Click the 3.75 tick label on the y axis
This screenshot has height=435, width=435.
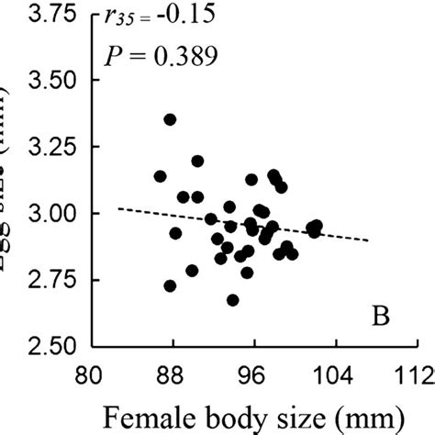coord(37,16)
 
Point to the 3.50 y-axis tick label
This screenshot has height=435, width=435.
coord(37,80)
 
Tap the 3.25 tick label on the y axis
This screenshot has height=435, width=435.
coord(37,147)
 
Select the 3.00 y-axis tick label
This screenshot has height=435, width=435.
coord(37,213)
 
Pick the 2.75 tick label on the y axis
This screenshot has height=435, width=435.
coord(37,280)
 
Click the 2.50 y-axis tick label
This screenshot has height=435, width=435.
coord(37,346)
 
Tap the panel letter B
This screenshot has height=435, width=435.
coord(382,318)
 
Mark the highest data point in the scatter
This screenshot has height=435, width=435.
coord(170,119)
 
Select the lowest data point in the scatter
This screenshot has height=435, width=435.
coord(233,300)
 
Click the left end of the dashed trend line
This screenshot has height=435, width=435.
coord(119,208)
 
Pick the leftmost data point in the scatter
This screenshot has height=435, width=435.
coord(161,176)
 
